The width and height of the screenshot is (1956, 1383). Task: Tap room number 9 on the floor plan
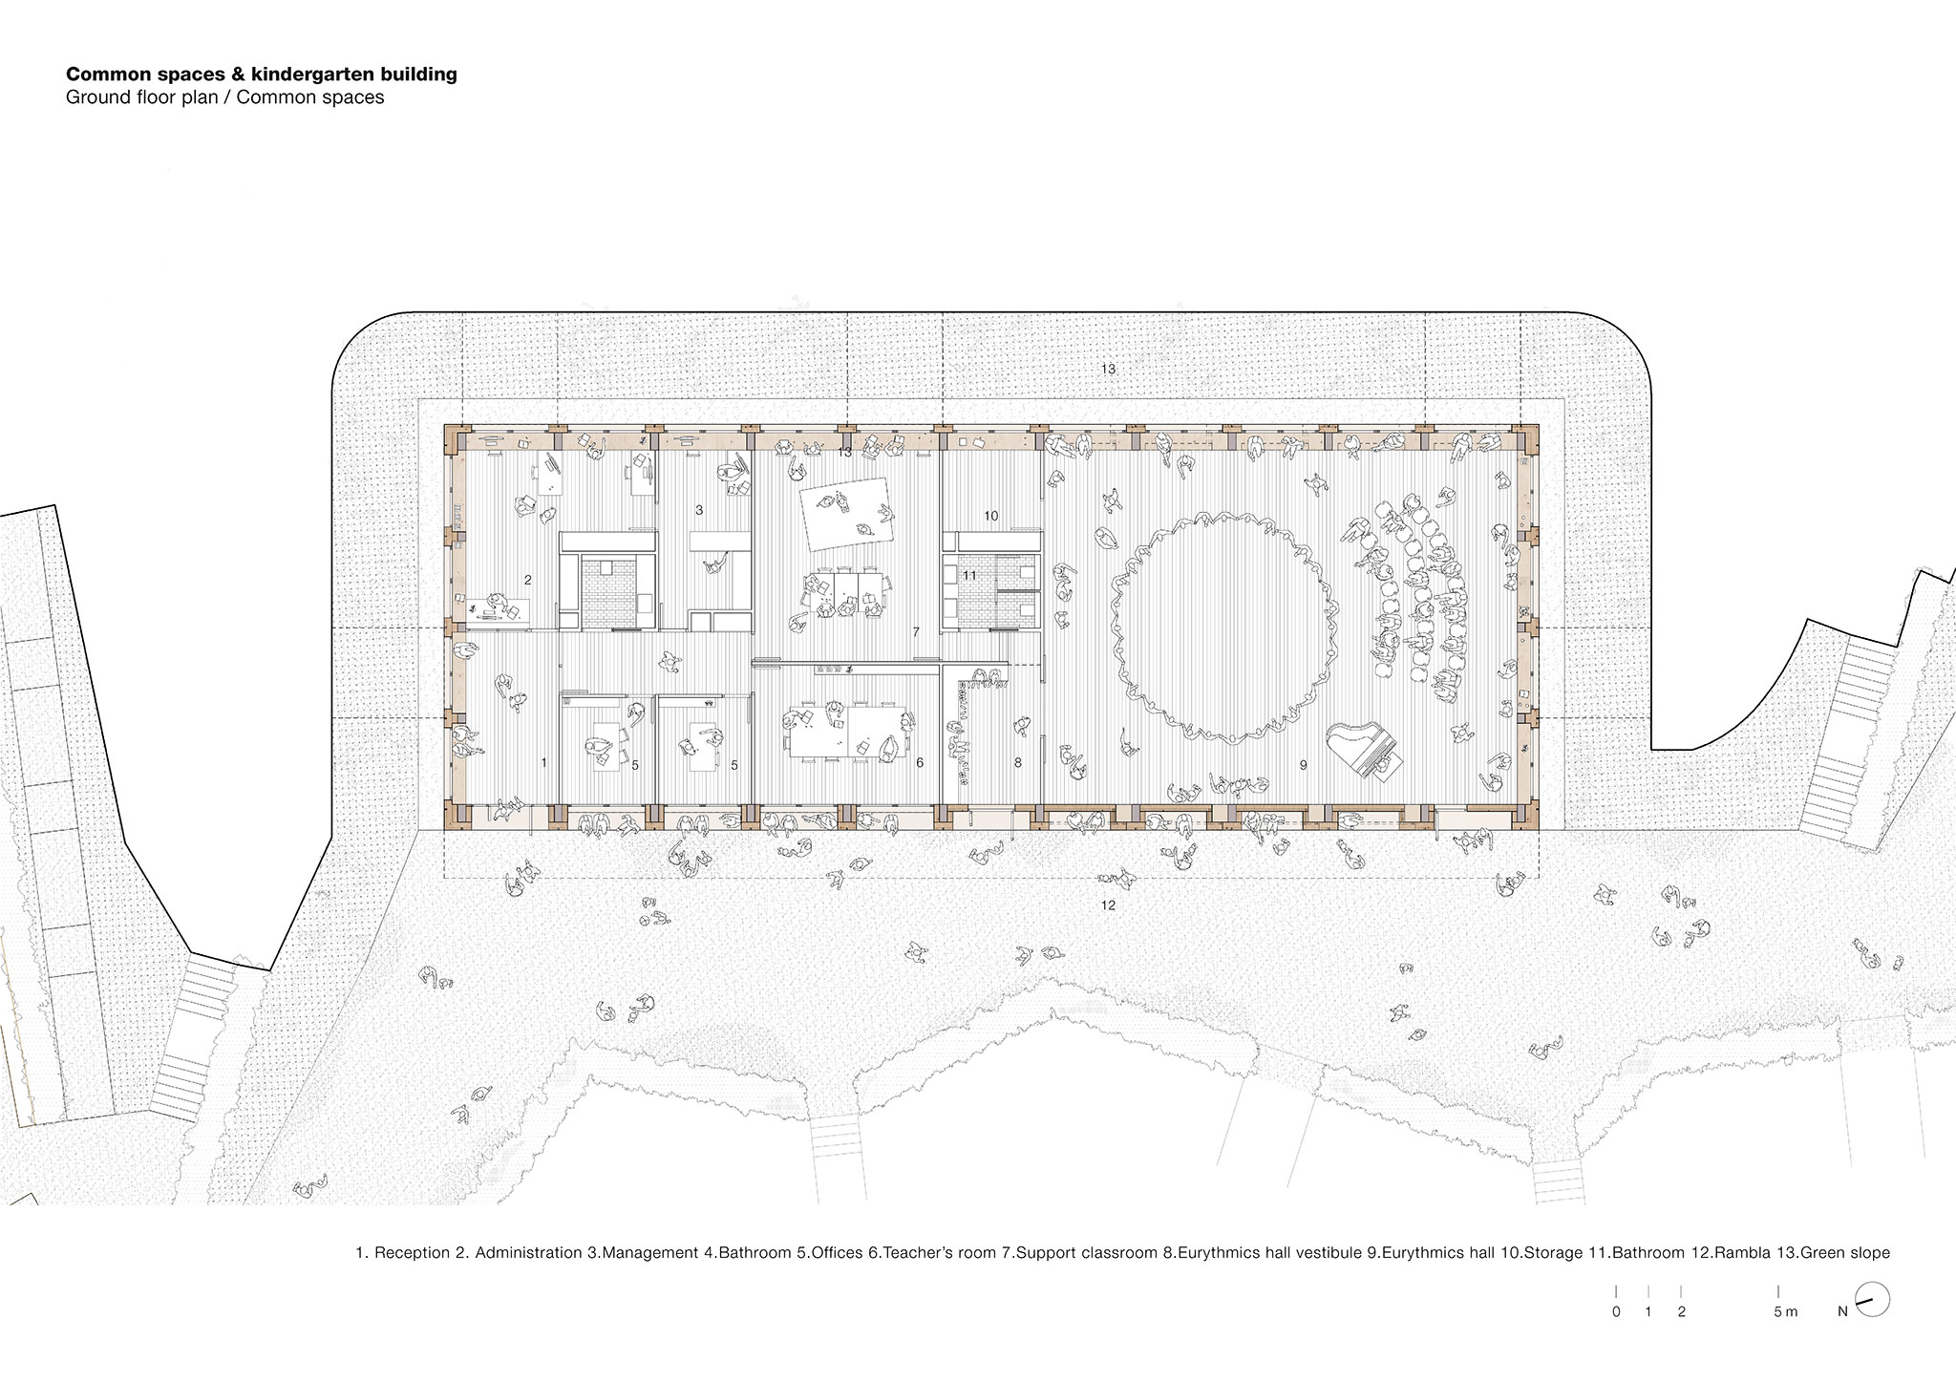[x=1303, y=765]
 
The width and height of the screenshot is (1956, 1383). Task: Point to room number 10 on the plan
[x=991, y=516]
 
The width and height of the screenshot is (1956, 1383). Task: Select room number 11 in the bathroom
[x=969, y=575]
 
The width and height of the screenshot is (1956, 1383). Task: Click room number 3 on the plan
[x=699, y=510]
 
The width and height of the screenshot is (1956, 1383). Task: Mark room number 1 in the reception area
[x=544, y=762]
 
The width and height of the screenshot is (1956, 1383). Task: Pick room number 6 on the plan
[x=920, y=763]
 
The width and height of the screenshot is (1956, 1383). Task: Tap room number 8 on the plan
[x=1018, y=763]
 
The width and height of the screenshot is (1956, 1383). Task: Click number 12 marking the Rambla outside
[x=1108, y=904]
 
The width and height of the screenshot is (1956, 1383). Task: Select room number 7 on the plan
[x=916, y=632]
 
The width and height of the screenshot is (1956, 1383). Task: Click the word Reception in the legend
[x=412, y=1253]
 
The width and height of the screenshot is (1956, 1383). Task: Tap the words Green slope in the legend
[x=1845, y=1253]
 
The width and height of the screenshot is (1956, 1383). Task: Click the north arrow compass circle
[x=1873, y=1300]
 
